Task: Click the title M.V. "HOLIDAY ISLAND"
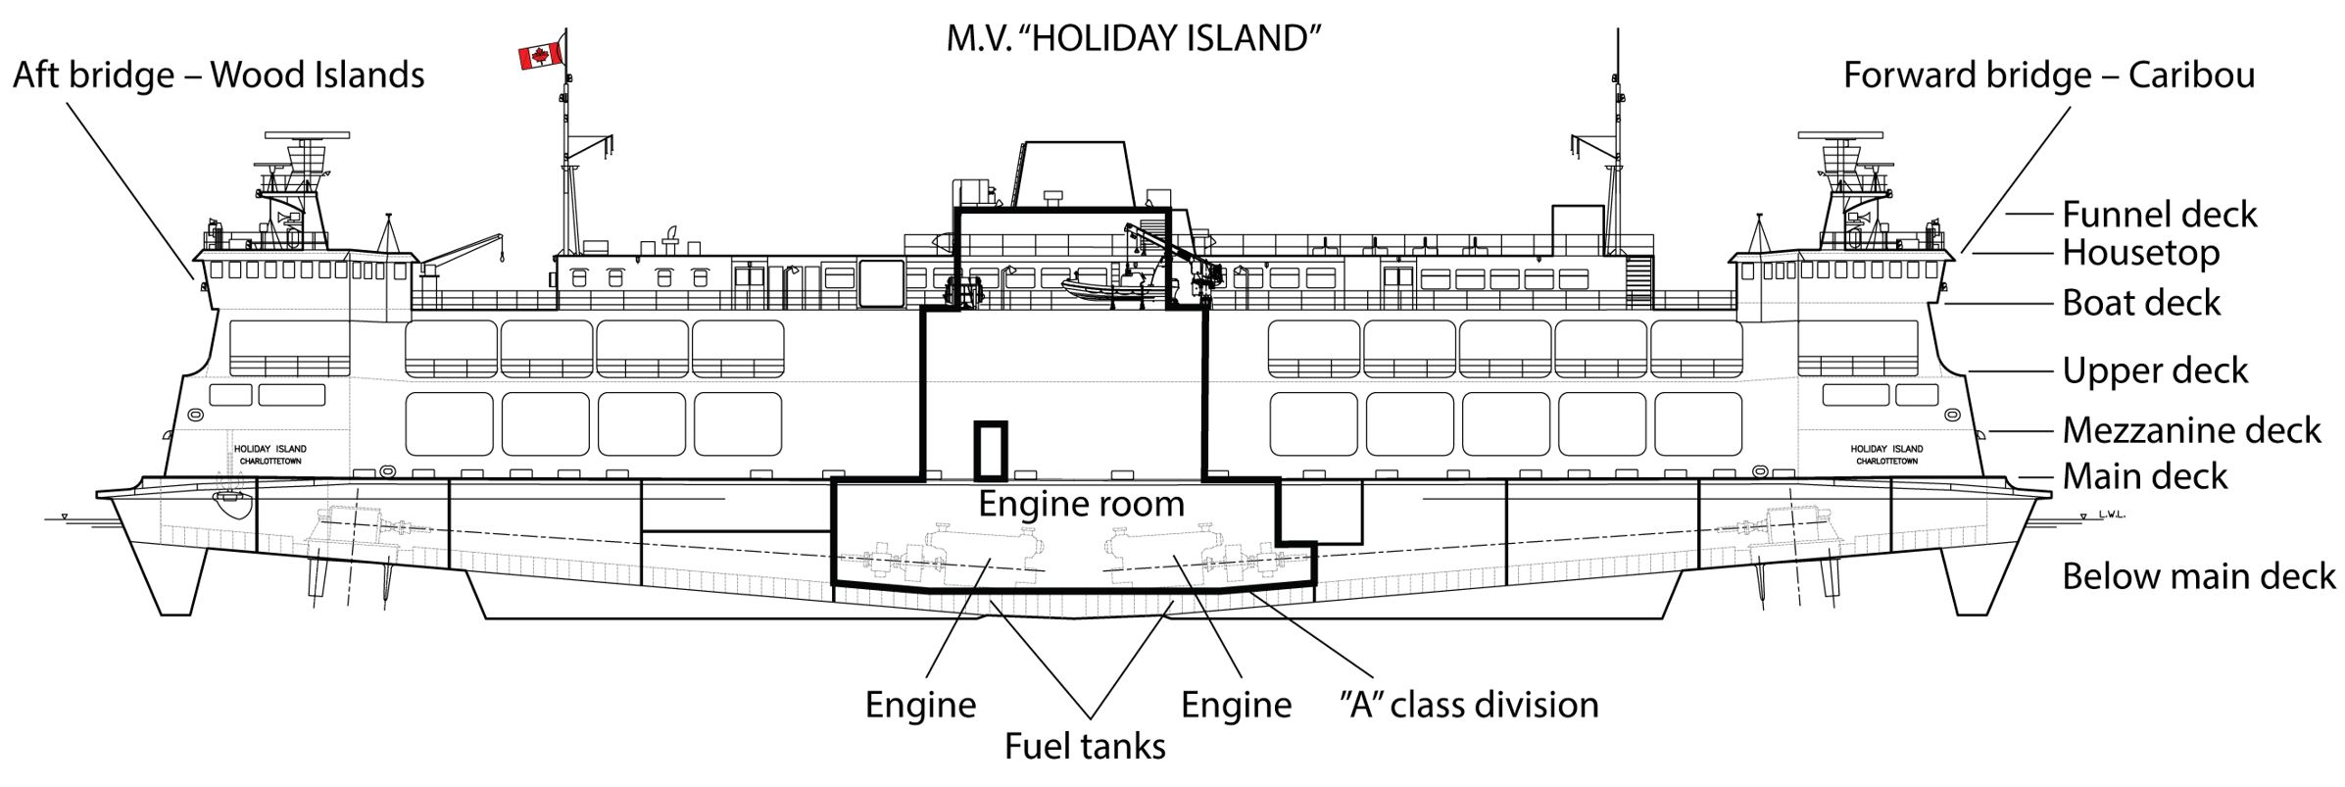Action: [x=1134, y=39]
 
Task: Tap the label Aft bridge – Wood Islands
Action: [x=219, y=75]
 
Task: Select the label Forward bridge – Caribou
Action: [x=2049, y=75]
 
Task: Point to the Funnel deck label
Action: [x=2159, y=215]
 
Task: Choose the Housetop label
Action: [x=2140, y=253]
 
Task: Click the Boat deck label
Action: [x=2140, y=304]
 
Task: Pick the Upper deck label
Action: [x=2154, y=371]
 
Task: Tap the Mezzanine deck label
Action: [x=2191, y=430]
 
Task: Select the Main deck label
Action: [x=2144, y=477]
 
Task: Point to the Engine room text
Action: [x=1081, y=504]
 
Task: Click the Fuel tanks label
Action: [x=1085, y=747]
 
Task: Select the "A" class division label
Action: [x=1468, y=705]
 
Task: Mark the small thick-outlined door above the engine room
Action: [x=990, y=450]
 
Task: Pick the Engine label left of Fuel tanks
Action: [x=920, y=705]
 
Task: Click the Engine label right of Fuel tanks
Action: [x=1236, y=705]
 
